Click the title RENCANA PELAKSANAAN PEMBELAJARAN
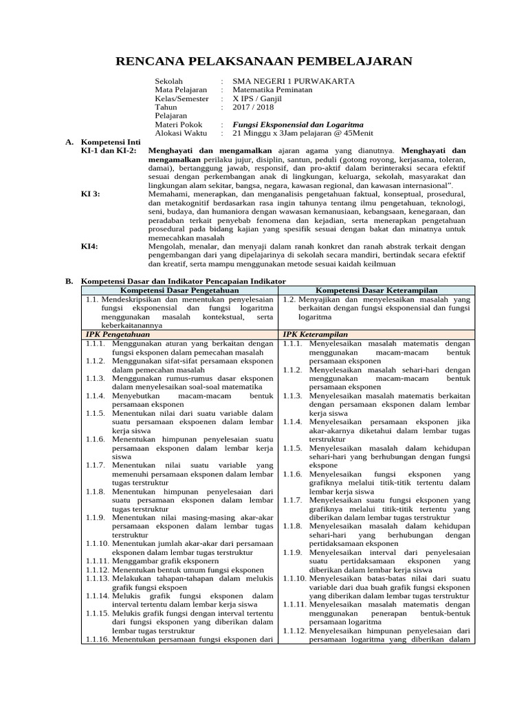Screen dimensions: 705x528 (263, 61)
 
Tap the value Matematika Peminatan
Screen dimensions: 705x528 (272, 90)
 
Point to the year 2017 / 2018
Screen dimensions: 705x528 (253, 107)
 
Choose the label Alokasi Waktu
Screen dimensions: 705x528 (181, 133)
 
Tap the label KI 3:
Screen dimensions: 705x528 (90, 194)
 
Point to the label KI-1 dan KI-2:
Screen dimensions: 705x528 (109, 150)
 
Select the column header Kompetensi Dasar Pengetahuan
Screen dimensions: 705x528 (179, 291)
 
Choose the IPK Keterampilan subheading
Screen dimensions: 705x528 (314, 334)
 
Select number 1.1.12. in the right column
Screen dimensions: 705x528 (294, 631)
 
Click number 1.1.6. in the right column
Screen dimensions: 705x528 (293, 474)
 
